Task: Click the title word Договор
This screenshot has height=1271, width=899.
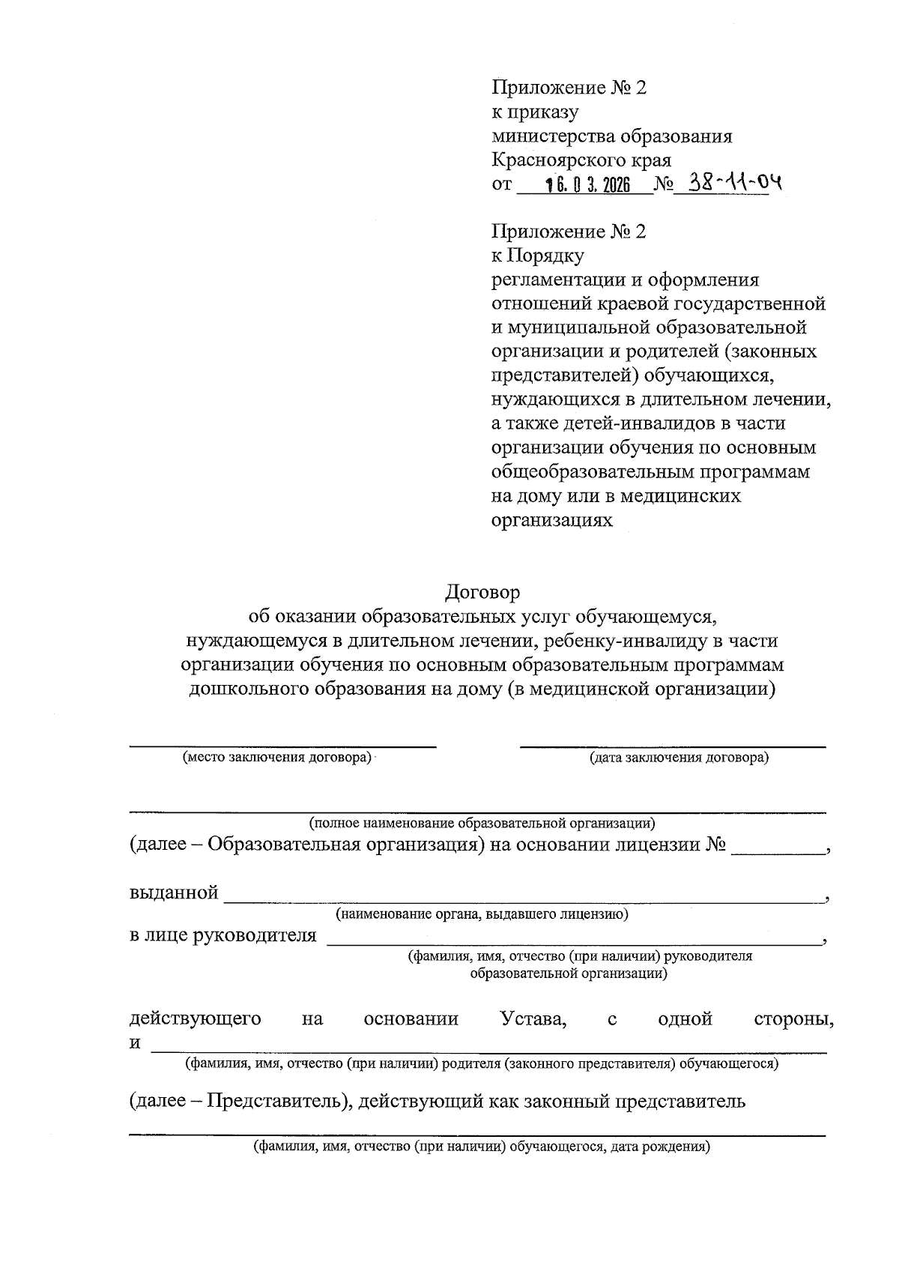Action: click(482, 592)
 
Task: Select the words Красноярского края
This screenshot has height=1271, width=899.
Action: click(581, 160)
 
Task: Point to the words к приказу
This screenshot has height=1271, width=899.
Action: click(534, 112)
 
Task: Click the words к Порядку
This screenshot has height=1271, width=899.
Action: click(537, 256)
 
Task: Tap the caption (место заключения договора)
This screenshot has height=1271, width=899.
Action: click(278, 757)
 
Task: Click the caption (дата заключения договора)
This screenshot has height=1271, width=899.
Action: click(679, 757)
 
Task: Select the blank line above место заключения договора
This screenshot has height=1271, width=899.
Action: click(282, 746)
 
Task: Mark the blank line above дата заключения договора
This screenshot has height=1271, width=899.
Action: click(673, 746)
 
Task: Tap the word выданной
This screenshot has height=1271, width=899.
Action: click(174, 893)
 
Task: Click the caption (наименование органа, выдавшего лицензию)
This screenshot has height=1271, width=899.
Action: click(482, 914)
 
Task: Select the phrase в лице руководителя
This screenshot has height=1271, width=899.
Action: click(223, 935)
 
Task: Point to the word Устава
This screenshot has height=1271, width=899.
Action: click(532, 1019)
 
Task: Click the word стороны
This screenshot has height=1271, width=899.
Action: click(794, 1019)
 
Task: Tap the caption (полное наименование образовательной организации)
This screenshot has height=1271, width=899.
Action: click(482, 824)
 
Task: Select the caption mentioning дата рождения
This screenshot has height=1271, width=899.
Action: click(482, 1147)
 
